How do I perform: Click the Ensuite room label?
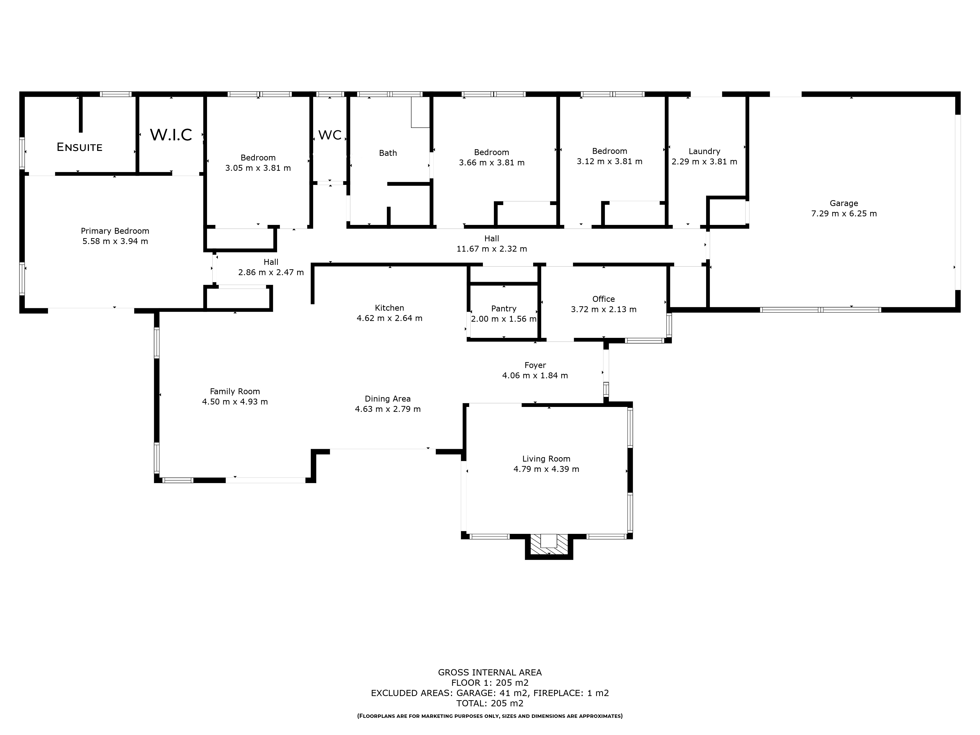(x=79, y=147)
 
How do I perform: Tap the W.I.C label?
(x=171, y=135)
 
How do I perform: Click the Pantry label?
(x=504, y=308)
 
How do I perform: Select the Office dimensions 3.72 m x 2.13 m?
(x=603, y=309)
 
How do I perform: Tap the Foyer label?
(x=535, y=365)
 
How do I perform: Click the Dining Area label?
(x=388, y=399)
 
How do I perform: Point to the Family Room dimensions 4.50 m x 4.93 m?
(x=235, y=402)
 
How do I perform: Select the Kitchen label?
(x=390, y=307)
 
